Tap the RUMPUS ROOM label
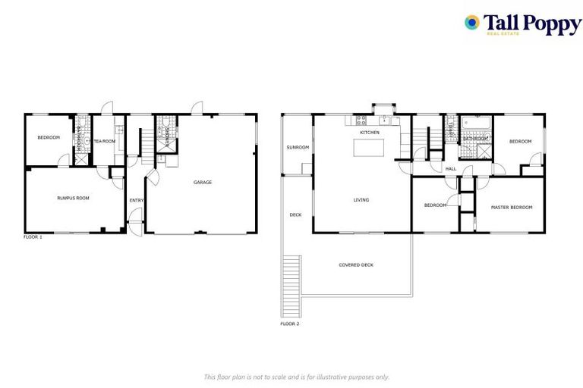click(73, 198)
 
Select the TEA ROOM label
click(104, 141)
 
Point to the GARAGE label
click(202, 182)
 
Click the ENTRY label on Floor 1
click(136, 200)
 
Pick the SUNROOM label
click(297, 147)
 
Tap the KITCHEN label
click(370, 133)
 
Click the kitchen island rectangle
click(369, 147)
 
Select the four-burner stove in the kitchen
click(361, 120)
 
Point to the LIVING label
click(361, 200)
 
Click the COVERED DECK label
click(355, 264)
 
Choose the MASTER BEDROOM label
click(511, 207)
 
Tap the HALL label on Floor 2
click(450, 168)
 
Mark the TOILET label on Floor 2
click(449, 128)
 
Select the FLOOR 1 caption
click(33, 237)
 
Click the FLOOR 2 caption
click(289, 324)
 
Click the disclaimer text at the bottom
click(296, 376)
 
